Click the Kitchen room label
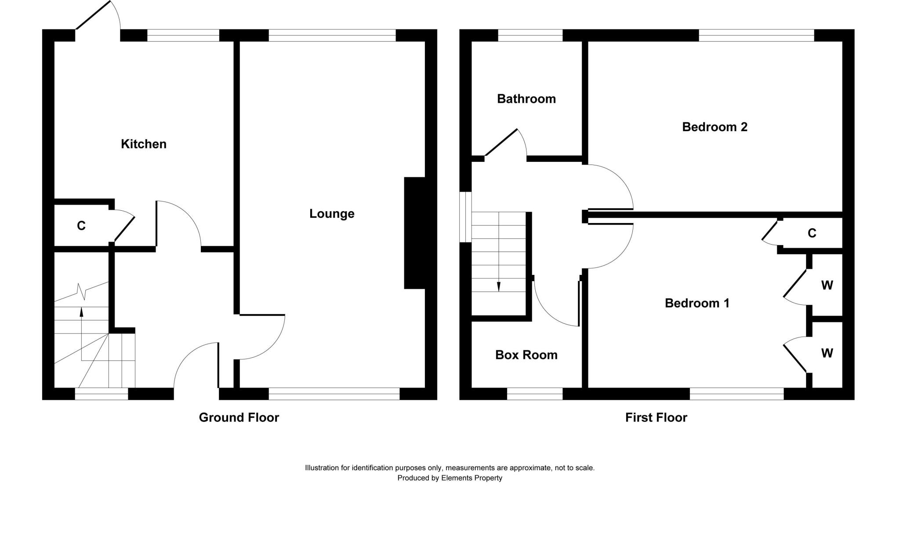click(144, 144)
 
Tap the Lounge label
click(332, 214)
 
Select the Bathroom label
click(526, 99)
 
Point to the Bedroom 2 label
click(715, 127)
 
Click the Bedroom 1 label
click(697, 303)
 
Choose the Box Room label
click(526, 355)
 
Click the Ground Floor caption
click(239, 417)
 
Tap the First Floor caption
click(656, 417)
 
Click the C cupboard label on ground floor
click(81, 226)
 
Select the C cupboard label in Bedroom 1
click(812, 233)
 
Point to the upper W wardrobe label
click(827, 286)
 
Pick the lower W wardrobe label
click(827, 353)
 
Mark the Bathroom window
click(530, 36)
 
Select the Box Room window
click(535, 394)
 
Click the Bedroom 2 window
click(756, 36)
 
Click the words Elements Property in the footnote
click(472, 478)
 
